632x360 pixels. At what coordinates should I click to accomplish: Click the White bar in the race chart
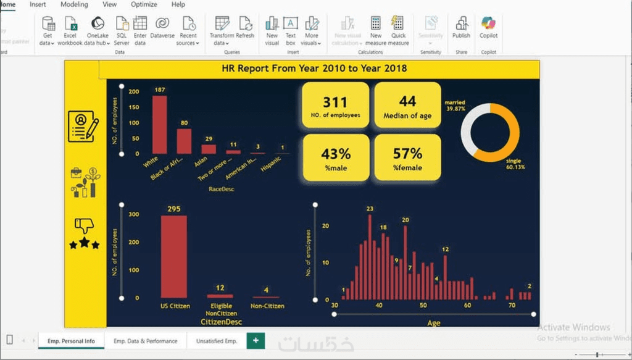pos(160,125)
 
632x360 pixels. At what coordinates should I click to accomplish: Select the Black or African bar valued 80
pos(184,141)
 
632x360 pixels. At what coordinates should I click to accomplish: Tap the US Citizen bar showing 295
pos(173,257)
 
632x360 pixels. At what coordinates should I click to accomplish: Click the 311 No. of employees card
pos(335,105)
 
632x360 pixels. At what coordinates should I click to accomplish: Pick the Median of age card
pos(407,105)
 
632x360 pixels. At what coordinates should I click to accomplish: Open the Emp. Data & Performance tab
pos(146,341)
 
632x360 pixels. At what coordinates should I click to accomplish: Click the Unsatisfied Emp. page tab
pos(217,341)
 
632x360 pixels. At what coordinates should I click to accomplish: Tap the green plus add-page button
pos(256,340)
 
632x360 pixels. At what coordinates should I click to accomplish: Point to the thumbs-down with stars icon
pos(84,233)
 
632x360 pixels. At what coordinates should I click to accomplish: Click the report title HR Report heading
pos(314,69)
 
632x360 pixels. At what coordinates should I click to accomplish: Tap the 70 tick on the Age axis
pos(512,305)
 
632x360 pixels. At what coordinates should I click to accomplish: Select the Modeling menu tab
pos(74,4)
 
